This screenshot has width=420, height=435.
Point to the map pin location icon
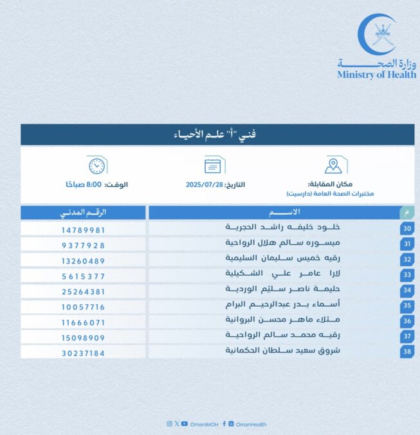(x=333, y=165)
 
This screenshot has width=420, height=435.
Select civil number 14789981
(x=84, y=229)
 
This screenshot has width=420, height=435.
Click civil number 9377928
(x=84, y=245)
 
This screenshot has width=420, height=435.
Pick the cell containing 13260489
(x=84, y=260)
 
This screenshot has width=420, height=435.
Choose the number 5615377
(x=84, y=276)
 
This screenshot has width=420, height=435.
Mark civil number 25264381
(x=84, y=291)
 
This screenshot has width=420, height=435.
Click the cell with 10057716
(x=84, y=307)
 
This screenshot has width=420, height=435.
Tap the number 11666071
(x=84, y=322)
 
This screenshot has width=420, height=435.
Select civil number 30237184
(x=84, y=353)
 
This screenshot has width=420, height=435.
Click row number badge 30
(x=406, y=229)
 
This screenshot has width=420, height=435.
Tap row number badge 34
(x=406, y=291)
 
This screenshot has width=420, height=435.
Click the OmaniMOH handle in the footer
(x=205, y=424)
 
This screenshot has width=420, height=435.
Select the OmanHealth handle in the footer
(x=251, y=424)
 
